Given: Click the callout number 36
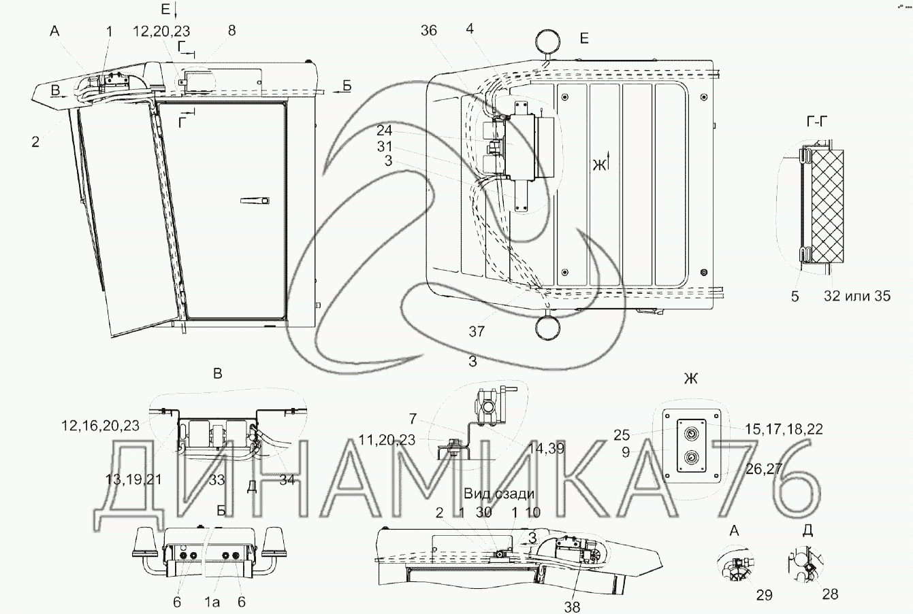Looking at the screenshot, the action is pyautogui.click(x=429, y=30).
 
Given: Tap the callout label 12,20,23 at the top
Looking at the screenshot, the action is pyautogui.click(x=162, y=31).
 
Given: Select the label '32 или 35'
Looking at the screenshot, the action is pyautogui.click(x=857, y=296).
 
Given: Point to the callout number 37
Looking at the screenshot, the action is pyautogui.click(x=477, y=331).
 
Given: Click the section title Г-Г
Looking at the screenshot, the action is pyautogui.click(x=817, y=121).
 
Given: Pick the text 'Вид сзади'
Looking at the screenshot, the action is pyautogui.click(x=499, y=494).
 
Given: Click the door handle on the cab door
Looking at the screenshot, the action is pyautogui.click(x=255, y=201).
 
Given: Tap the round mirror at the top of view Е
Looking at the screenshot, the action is pyautogui.click(x=547, y=41).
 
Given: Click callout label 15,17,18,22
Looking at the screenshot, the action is pyautogui.click(x=784, y=429).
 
